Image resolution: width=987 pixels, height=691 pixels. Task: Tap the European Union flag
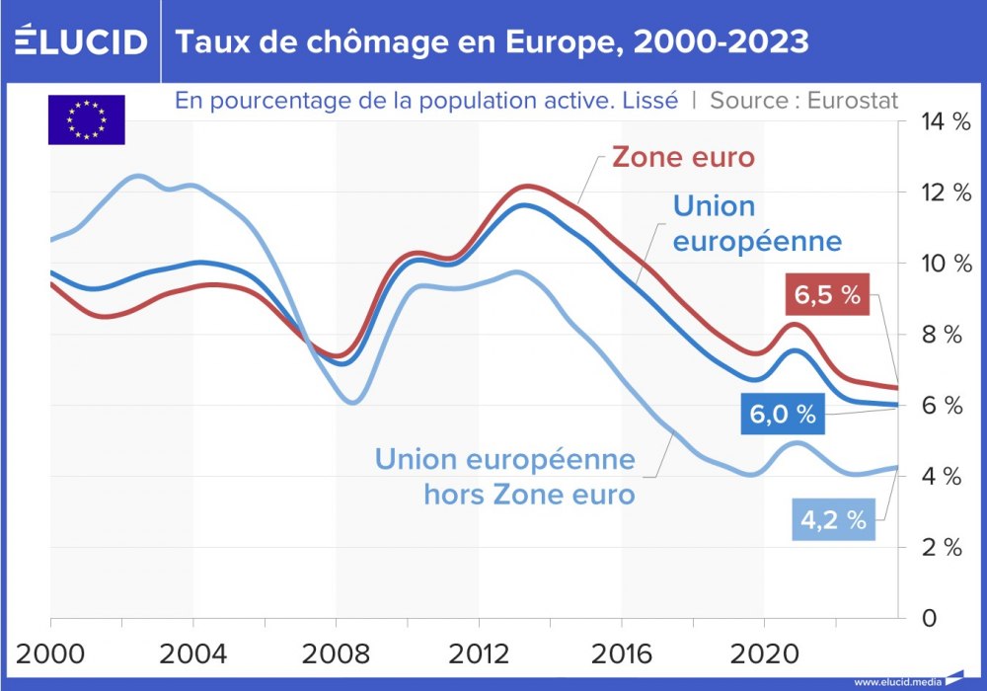point(87,119)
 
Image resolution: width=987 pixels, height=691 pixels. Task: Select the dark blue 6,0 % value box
point(783,415)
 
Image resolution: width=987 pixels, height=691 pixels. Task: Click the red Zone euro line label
point(683,158)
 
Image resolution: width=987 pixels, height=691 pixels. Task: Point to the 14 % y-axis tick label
point(934,122)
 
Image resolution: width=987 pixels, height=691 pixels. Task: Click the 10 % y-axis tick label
point(934,265)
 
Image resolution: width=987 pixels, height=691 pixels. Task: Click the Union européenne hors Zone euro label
point(504,476)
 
